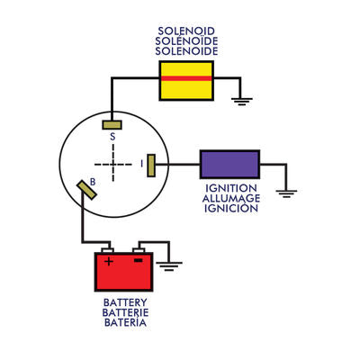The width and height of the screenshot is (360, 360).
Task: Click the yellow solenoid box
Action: (186, 79)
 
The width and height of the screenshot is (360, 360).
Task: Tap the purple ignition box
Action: (229, 164)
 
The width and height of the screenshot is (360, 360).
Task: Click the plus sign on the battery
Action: (110, 262)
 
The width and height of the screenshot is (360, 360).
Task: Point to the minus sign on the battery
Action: (139, 262)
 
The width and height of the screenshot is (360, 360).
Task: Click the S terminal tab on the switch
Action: (112, 123)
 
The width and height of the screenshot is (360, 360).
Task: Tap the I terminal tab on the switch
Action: (151, 165)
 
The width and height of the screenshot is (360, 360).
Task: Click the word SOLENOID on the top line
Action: (186, 31)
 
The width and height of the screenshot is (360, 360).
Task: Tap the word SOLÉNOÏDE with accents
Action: (186, 41)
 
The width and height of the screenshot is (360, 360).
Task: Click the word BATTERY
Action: (125, 302)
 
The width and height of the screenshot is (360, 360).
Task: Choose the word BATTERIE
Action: (125, 312)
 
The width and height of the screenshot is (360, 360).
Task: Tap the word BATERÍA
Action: (125, 322)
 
